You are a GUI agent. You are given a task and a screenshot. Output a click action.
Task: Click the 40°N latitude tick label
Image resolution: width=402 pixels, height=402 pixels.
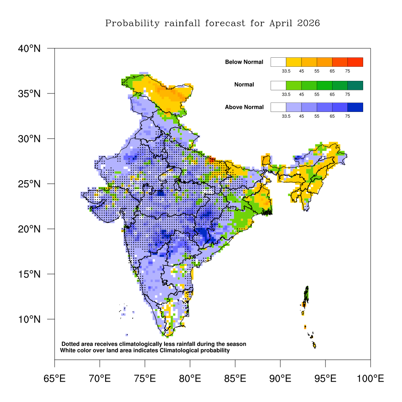29,48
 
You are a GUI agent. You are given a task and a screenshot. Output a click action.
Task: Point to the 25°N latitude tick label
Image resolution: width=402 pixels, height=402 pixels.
29,184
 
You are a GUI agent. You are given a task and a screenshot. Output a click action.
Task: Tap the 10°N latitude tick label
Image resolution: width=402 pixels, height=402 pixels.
29,319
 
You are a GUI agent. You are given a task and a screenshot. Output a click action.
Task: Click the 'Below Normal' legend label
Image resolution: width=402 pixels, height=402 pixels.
244,62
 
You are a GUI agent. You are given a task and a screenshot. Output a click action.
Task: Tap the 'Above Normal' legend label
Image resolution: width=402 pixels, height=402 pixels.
244,107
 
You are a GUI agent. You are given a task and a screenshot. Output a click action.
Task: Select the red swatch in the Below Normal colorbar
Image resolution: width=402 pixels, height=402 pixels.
355,62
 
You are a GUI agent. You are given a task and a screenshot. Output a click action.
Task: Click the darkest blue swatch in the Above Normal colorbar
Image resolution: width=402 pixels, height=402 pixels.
355,107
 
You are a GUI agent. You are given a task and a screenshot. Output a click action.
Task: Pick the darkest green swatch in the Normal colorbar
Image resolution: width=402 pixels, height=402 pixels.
355,85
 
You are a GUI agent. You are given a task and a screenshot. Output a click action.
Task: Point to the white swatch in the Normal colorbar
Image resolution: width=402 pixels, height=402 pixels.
278,85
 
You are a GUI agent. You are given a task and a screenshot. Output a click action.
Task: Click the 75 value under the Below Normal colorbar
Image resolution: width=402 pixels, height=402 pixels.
347,71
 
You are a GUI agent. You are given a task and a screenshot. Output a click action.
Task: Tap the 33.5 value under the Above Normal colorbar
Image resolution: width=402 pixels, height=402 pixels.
286,116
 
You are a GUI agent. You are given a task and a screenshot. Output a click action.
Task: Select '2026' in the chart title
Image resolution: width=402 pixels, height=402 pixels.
309,24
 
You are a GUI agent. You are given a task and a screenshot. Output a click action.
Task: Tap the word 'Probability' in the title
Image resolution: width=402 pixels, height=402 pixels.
132,24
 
